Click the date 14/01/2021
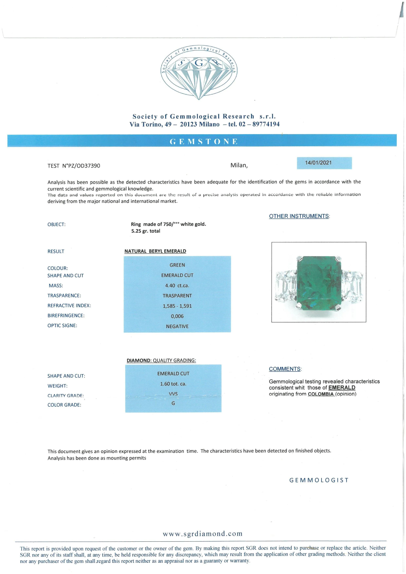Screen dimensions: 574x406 pos(318,163)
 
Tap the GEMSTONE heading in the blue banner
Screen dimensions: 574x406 pos(203,142)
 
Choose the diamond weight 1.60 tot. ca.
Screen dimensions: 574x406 pos(173,384)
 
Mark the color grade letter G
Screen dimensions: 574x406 pos(173,403)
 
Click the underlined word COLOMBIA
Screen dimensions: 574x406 pos(321,394)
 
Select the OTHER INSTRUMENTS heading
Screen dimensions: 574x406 pos(299,216)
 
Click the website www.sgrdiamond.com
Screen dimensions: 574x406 pos(203,534)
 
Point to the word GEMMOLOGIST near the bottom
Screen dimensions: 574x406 pos(319,480)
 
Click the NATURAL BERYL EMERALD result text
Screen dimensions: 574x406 pos(155,251)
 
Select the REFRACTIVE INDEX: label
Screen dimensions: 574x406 pos(69,306)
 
